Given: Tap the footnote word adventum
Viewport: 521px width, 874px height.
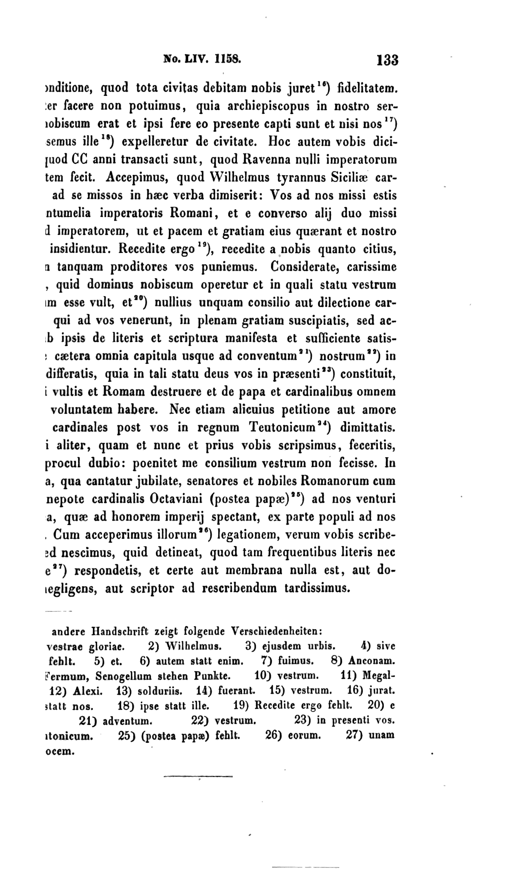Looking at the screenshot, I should point(127,721).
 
